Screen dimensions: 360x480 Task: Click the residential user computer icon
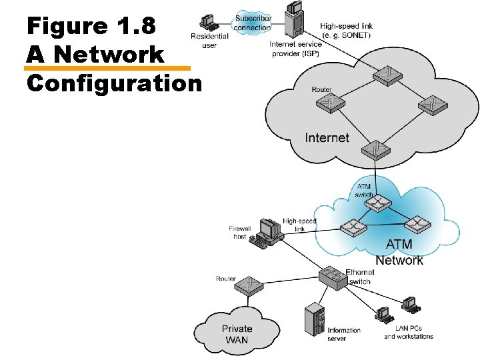209,23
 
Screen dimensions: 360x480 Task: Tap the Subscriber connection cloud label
253,23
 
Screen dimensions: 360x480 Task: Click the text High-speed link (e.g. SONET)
346,30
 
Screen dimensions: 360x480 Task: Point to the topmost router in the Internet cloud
386,75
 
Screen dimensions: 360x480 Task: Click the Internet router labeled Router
329,103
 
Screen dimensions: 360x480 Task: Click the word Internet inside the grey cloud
327,138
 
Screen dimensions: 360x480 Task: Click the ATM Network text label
399,253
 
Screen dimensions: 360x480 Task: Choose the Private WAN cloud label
237,334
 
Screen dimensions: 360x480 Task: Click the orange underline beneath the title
107,68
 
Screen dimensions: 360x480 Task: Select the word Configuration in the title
114,83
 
